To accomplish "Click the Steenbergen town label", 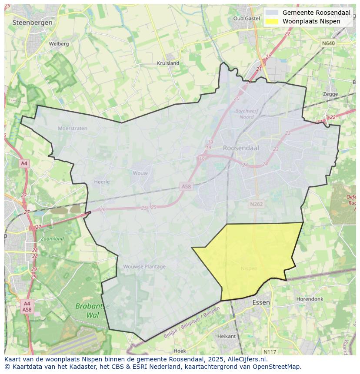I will [33, 22].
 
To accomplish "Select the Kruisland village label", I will [168, 63].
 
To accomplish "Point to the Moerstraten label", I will [73, 128].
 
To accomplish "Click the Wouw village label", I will [140, 173].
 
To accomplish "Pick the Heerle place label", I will [102, 182].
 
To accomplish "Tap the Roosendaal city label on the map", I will [241, 148].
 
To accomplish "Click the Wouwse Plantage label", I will [144, 267].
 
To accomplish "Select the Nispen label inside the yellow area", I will [249, 268].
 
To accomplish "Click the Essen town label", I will [261, 302].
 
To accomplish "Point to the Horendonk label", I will [310, 299].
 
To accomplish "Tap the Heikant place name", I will [226, 336].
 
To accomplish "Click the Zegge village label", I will [330, 94].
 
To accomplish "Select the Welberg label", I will [59, 44].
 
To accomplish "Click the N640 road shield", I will [328, 43].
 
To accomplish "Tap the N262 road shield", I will [257, 204].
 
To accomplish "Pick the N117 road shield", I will [270, 351].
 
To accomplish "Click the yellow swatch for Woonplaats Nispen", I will [272, 21].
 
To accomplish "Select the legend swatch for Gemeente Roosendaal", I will [272, 13].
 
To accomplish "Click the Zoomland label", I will [52, 238].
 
